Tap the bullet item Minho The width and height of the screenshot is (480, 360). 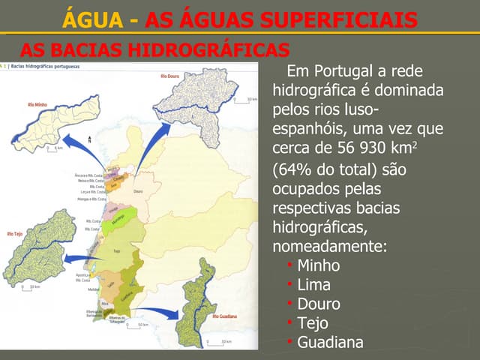pos(318,265)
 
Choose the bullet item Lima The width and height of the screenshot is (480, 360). pos(313,285)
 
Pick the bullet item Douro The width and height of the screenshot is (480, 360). pos(318,304)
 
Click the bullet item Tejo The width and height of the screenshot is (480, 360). pos(313,323)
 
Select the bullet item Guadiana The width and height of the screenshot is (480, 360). pos(330,343)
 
